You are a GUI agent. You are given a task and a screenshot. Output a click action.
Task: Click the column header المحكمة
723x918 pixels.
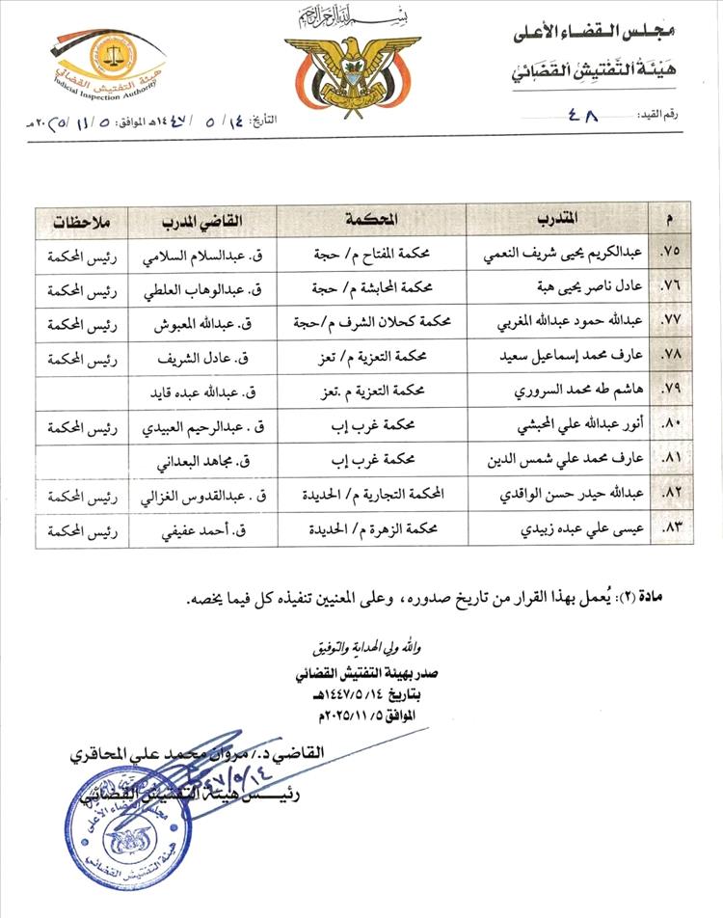370,220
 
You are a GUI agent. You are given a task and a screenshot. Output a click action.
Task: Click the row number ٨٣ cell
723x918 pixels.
670,529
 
